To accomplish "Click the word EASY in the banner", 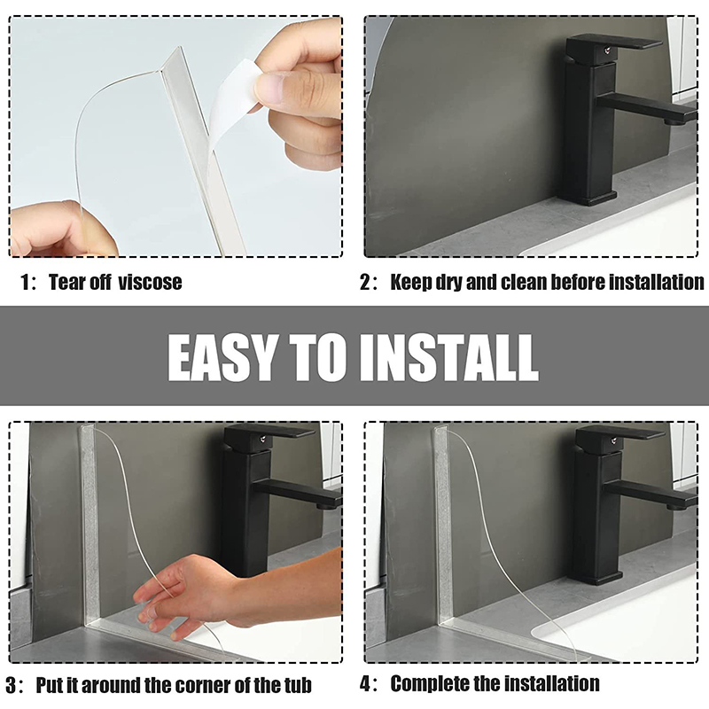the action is click(x=222, y=358).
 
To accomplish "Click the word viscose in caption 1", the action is click(x=150, y=282).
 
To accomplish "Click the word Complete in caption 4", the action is click(x=428, y=683).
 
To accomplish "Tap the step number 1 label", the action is click(x=26, y=282).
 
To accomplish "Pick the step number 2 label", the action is click(x=365, y=282).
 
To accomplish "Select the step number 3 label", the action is click(x=11, y=685).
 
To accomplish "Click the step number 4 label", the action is click(x=365, y=683).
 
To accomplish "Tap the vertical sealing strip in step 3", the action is click(x=90, y=525).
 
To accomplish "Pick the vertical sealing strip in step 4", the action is click(x=444, y=525).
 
